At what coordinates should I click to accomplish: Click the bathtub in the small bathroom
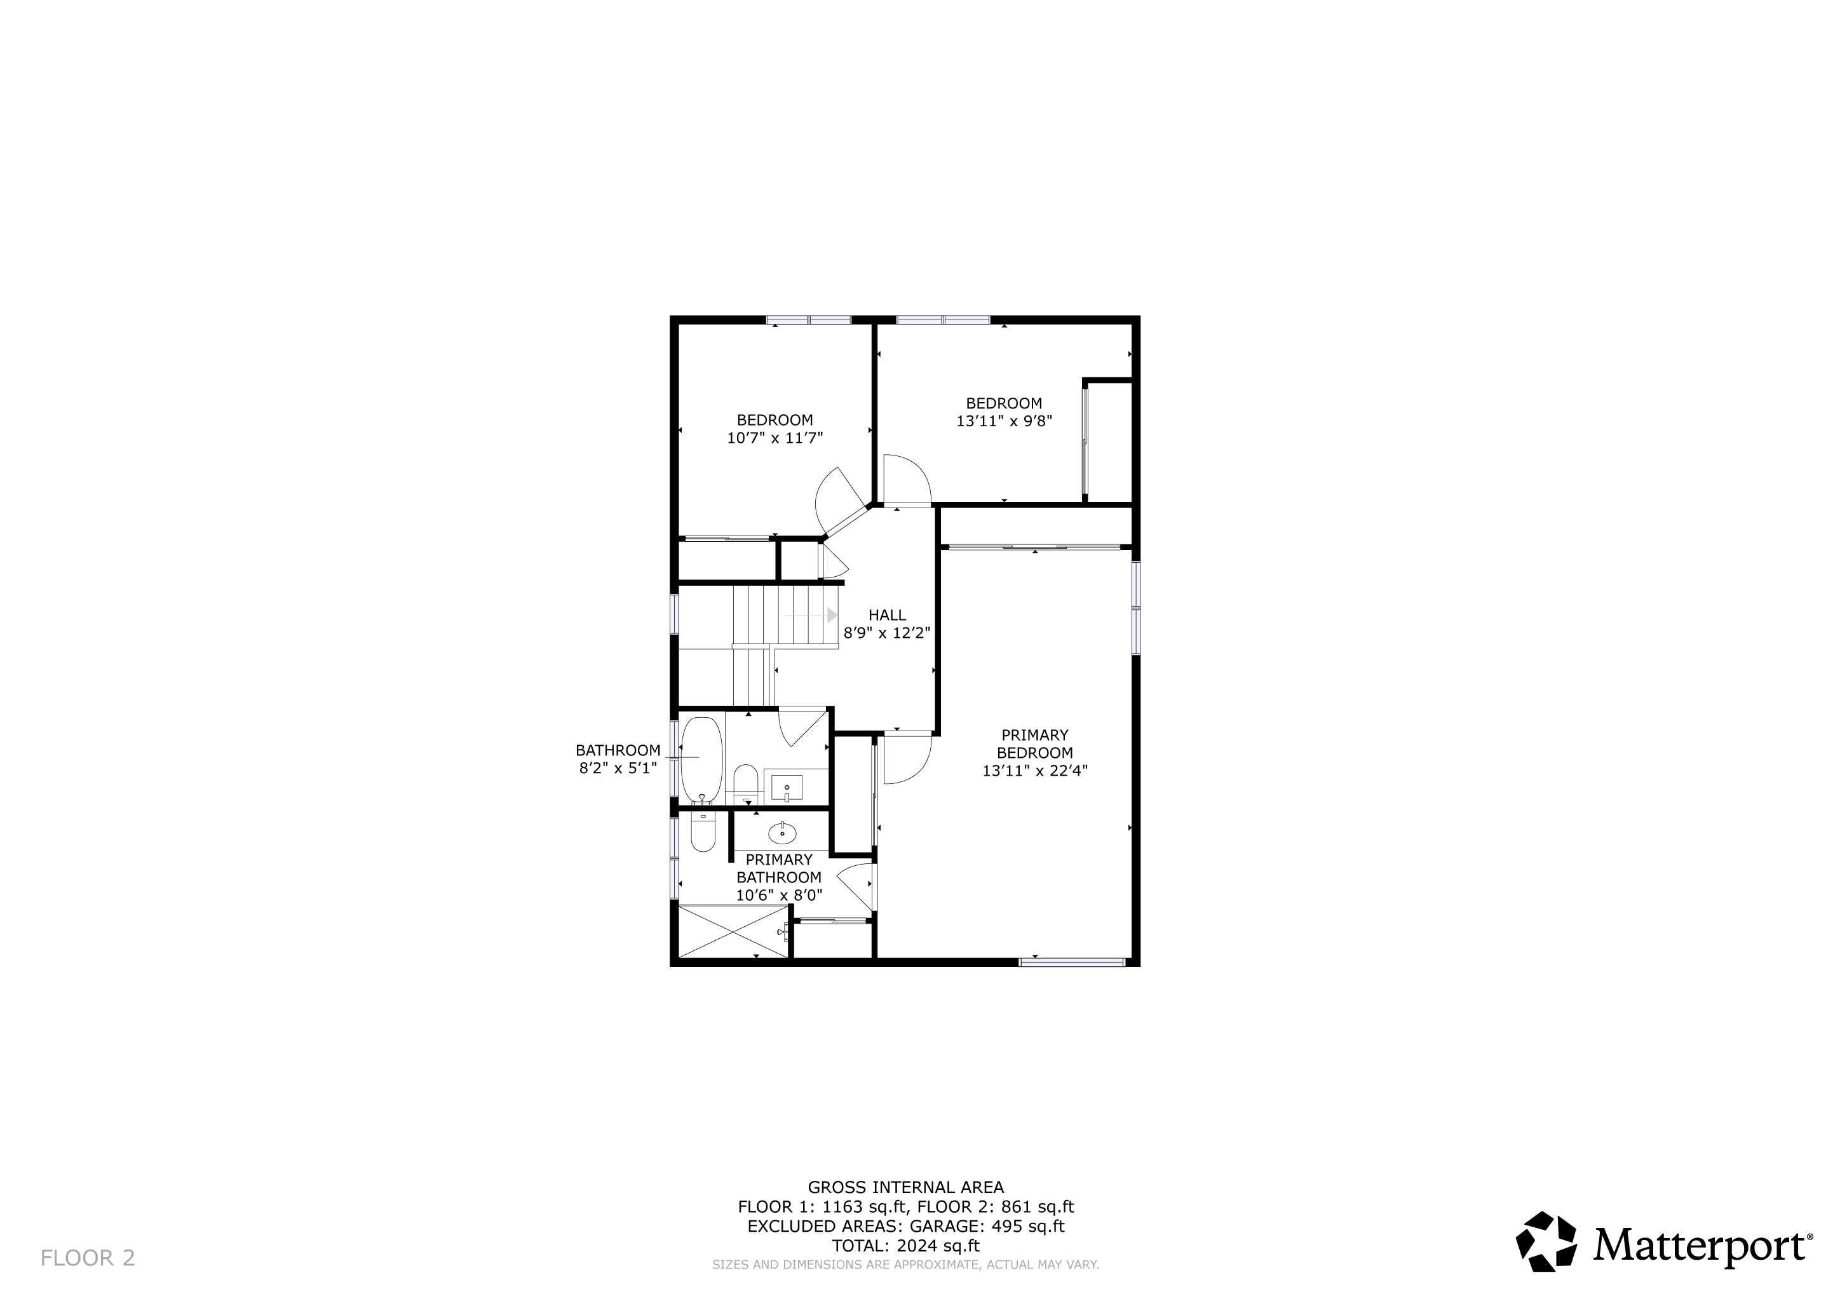coord(702,760)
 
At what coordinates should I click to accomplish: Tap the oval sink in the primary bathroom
coord(782,834)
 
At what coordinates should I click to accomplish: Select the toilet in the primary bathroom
coord(703,832)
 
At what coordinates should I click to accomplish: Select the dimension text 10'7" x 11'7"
coord(775,438)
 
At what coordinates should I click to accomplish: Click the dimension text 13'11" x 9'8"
coord(1004,421)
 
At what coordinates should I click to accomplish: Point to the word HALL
coord(887,616)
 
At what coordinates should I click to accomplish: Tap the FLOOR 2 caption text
coord(88,1258)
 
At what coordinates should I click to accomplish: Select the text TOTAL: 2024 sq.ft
coord(905,1246)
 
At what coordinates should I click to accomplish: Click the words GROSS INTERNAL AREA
coord(905,1187)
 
